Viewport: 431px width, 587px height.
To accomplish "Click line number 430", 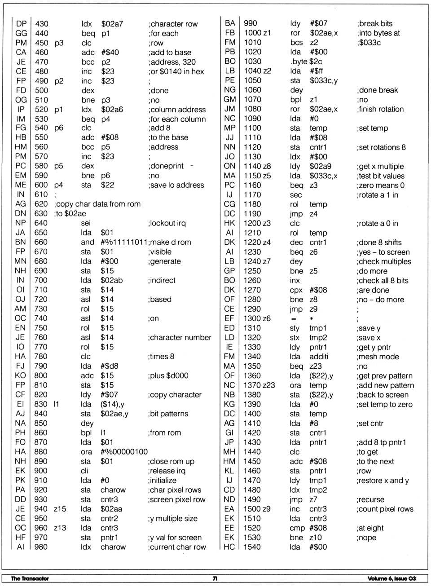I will pyautogui.click(x=41, y=24).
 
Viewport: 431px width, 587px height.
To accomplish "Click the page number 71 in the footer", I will pyautogui.click(x=215, y=578).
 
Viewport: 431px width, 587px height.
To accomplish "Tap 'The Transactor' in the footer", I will pyautogui.click(x=30, y=578).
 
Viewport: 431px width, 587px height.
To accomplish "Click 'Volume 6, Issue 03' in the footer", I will pyautogui.click(x=391, y=578).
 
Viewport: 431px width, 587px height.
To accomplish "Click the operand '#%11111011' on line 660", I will pyautogui.click(x=124, y=242).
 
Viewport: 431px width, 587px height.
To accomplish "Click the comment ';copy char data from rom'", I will pyautogui.click(x=97, y=204).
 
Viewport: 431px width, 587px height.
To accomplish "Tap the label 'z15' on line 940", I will pyautogui.click(x=60, y=509).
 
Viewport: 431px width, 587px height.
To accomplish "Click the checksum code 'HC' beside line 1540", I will pyautogui.click(x=229, y=547).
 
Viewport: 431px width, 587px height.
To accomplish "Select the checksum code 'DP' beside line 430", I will pyautogui.click(x=21, y=24).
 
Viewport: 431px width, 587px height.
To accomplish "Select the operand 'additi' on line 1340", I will pyautogui.click(x=319, y=357).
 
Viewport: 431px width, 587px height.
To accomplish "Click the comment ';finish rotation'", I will pyautogui.click(x=380, y=109).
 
